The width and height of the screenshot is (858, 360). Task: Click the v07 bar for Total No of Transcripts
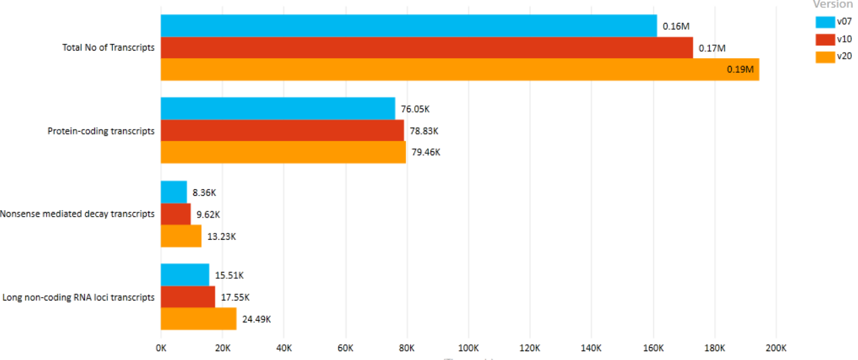408,26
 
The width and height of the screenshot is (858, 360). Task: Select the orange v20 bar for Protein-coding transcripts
283,152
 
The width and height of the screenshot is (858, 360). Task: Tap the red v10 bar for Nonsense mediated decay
176,214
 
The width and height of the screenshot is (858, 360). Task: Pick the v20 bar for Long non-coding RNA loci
199,319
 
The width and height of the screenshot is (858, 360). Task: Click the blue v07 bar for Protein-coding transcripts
278,108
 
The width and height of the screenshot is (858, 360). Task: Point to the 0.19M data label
741,70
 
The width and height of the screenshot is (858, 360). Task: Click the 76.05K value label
415,109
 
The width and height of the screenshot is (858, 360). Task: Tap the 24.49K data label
257,319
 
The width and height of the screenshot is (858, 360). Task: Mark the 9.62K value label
208,215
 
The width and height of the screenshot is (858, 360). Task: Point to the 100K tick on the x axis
468,348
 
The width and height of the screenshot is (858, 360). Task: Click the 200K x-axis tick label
776,348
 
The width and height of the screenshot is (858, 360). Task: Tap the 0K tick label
161,348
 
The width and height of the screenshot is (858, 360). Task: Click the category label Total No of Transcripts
108,48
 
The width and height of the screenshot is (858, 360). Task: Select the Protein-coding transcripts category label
101,131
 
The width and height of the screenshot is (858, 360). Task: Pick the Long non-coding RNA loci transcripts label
78,297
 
